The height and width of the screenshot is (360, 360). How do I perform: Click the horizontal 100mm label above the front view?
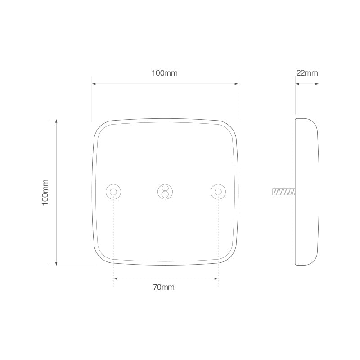[165, 73]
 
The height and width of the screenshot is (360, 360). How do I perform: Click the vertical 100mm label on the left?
[45, 192]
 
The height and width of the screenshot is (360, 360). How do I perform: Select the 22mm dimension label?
[307, 73]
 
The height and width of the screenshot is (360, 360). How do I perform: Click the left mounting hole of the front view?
[113, 192]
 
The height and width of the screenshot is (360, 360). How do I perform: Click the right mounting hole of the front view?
[218, 192]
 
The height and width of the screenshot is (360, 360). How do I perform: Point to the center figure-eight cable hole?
[165, 191]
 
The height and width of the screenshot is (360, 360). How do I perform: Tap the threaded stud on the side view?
[283, 192]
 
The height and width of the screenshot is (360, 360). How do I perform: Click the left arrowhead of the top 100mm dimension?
[94, 84]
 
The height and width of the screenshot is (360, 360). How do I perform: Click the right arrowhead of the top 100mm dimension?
[236, 84]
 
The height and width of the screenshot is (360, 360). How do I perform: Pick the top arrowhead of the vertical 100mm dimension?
[56, 121]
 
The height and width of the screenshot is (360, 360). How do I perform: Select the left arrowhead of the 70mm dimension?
[115, 279]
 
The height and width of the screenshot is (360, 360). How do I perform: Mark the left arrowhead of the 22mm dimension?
[297, 84]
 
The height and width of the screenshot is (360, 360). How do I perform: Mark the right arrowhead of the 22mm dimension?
[317, 84]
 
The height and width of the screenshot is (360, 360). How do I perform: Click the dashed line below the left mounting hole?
[113, 238]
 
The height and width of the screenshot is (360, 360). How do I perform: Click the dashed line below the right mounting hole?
[218, 238]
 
